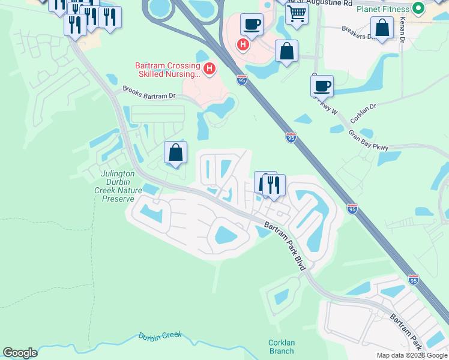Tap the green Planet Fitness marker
pos(419,8)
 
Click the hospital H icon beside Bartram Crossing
pos(209,69)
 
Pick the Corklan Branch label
pos(281,347)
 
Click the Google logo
pos(20,353)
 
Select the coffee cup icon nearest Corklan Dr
pos(322,85)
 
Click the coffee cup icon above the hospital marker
pos(252,25)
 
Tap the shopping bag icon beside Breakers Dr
pos(382,27)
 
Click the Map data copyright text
pos(411,355)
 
